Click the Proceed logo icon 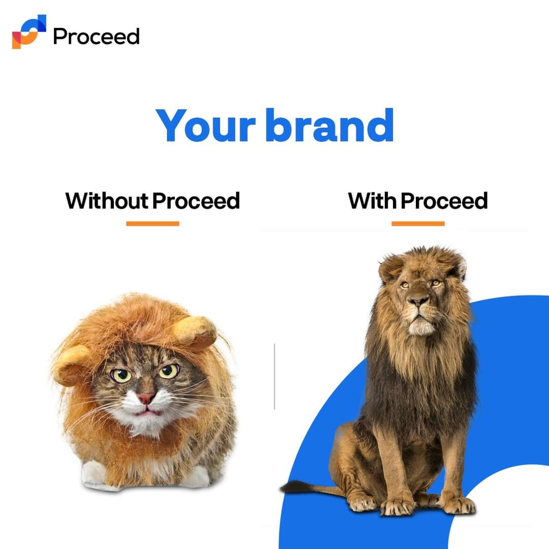point(29,32)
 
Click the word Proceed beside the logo point(96,37)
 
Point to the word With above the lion point(372,201)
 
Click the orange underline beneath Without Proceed point(152,223)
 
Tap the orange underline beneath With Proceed point(418,223)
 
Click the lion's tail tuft point(291,488)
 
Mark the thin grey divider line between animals point(274,376)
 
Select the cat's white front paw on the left point(94,473)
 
